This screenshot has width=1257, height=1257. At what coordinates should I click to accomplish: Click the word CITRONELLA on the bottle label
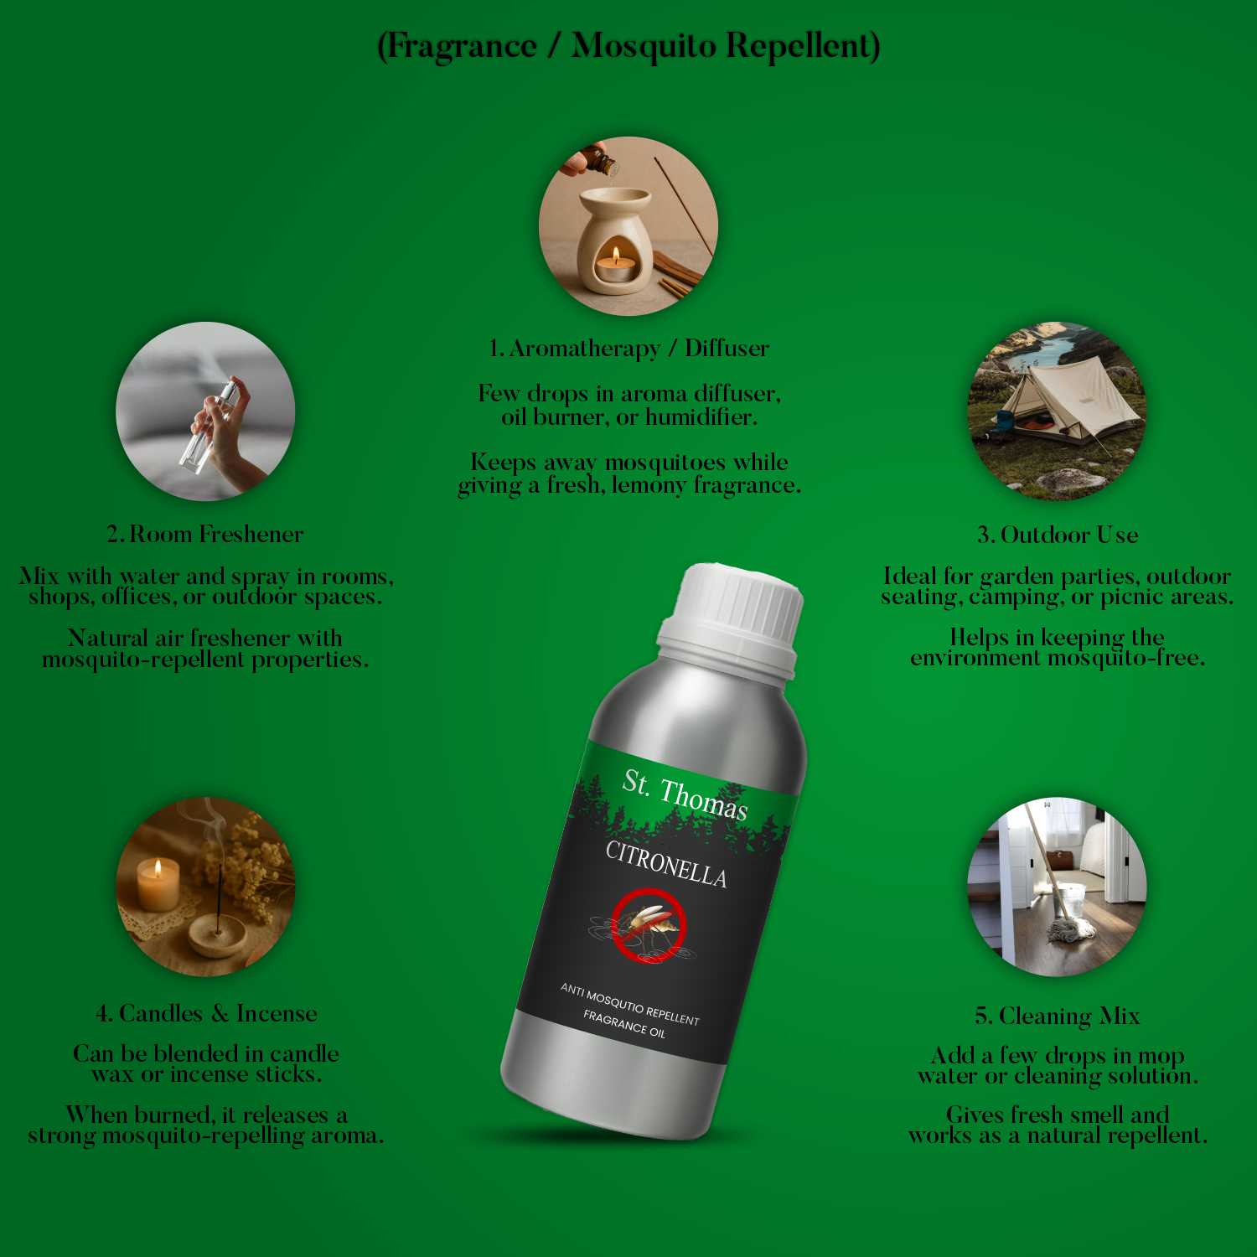pyautogui.click(x=666, y=864)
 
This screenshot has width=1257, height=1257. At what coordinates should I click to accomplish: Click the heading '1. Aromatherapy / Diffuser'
pyautogui.click(x=628, y=348)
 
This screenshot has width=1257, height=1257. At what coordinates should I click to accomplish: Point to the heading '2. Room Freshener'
pyautogui.click(x=205, y=534)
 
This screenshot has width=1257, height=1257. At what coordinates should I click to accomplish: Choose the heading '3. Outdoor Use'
pyautogui.click(x=1058, y=535)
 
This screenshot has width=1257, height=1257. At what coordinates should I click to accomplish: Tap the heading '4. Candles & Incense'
pyautogui.click(x=206, y=1013)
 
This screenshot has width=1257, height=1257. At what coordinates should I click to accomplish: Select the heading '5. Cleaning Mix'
pyautogui.click(x=1058, y=1016)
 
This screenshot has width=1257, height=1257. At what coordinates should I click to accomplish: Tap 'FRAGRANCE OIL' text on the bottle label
pyautogui.click(x=624, y=1024)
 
